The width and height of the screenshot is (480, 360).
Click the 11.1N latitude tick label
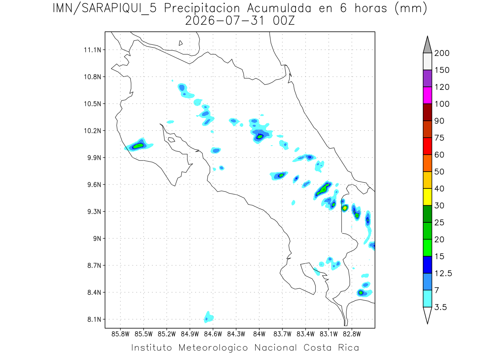tap(92, 50)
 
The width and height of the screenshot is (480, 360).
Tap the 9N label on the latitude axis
tap(97, 238)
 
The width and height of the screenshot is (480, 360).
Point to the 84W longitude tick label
tap(259, 334)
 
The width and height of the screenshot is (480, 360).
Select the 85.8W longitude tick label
tap(120, 334)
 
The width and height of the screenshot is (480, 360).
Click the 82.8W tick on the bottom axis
tap(352, 334)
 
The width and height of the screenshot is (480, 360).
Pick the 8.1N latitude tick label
tap(94, 319)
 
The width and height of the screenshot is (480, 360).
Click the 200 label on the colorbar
tap(442, 53)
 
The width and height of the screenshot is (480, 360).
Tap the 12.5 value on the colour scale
tap(443, 274)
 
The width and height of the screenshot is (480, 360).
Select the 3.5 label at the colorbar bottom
tap(440, 307)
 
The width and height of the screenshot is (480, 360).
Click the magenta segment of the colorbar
tap(427, 95)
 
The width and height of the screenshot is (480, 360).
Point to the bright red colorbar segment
tap(427, 146)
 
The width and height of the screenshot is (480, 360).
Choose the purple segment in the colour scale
tap(427, 78)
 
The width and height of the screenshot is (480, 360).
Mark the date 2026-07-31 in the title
tap(225, 21)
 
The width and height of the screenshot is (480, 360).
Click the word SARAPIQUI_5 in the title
tap(119, 8)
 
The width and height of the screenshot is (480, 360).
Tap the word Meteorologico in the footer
tap(213, 348)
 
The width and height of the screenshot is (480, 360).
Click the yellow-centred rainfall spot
tap(345, 208)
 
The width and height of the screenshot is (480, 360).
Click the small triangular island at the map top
tap(180, 43)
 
